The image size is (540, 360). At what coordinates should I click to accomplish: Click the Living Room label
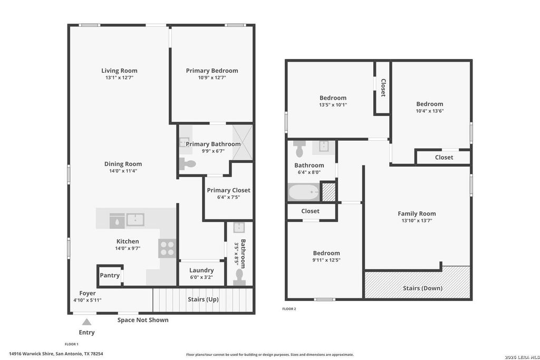pos(119,71)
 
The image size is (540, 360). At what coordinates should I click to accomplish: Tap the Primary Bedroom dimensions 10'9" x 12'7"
pos(212,78)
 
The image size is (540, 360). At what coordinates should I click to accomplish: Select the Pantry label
pos(110,275)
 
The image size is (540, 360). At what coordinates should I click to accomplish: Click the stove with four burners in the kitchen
pos(167,248)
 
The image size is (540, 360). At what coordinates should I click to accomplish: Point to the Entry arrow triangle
pos(87,322)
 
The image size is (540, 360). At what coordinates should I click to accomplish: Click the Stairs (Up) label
pos(203,299)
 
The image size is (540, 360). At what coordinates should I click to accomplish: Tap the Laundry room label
pos(201,270)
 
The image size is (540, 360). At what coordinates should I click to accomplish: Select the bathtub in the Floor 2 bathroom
pos(304,192)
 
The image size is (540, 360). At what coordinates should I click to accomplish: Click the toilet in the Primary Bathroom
pos(187,164)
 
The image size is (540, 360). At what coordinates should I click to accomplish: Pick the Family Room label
pos(417,213)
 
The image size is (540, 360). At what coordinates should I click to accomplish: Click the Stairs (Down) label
pos(422,288)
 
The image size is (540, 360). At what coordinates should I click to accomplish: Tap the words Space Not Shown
pos(143,320)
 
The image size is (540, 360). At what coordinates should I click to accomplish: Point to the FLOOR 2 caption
pos(289,309)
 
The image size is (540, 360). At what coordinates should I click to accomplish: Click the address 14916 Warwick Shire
pos(31,354)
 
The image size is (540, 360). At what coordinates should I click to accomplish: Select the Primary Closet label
pos(228,190)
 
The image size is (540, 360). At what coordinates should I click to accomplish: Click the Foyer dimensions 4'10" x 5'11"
pos(88,300)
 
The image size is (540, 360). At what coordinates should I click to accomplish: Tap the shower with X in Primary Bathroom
pos(243,143)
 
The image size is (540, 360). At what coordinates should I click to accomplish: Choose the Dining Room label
pos(123,164)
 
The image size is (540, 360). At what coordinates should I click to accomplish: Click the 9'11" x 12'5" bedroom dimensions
pos(326,260)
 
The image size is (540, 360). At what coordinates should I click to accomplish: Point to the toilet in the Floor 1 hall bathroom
pos(239,277)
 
